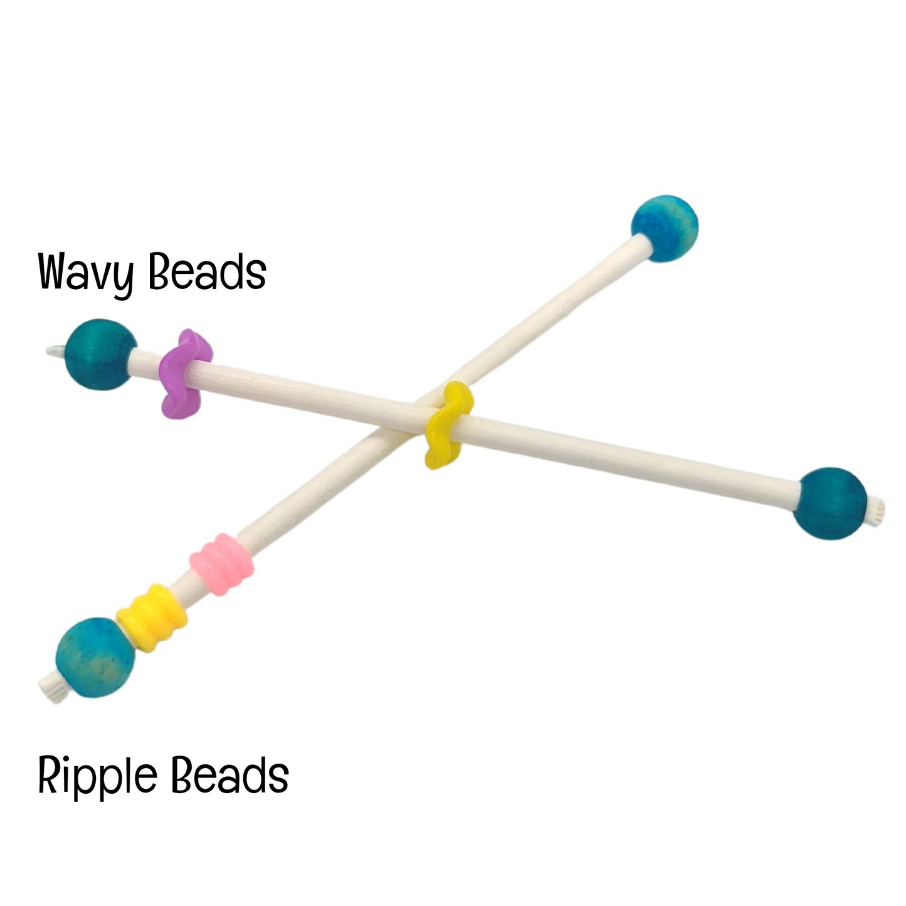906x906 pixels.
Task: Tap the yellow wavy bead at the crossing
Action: pos(448,426)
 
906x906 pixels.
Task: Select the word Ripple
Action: pos(98,776)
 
